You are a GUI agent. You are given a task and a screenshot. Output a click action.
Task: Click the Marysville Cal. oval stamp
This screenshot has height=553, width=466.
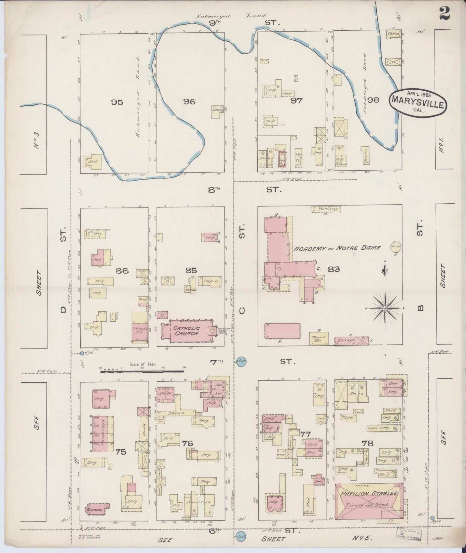click(x=418, y=101)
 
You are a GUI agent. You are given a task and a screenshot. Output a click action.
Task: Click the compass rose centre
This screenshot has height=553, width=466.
click(x=385, y=308)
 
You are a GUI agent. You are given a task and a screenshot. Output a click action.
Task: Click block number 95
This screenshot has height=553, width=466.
click(x=117, y=102)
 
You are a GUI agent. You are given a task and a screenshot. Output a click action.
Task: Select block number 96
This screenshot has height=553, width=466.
click(x=189, y=102)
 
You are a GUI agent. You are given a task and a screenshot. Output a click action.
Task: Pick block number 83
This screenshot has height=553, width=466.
click(x=333, y=269)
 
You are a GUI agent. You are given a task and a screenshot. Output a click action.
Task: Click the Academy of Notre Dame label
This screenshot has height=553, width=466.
click(x=337, y=248)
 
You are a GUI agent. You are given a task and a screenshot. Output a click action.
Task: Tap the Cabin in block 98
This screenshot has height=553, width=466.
click(x=394, y=34)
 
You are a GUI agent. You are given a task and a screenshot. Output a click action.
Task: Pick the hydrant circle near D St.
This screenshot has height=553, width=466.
click(x=82, y=353)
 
